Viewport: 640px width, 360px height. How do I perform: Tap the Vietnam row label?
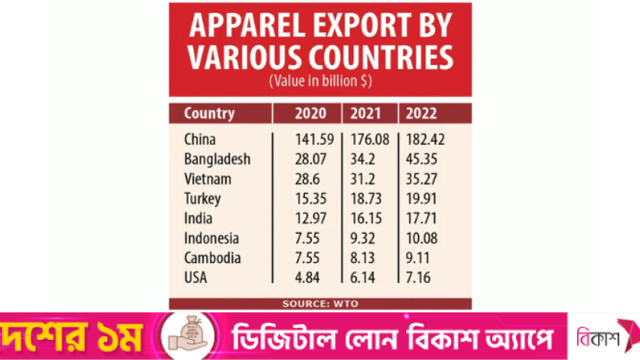[208, 179]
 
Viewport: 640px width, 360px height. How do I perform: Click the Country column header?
[209, 114]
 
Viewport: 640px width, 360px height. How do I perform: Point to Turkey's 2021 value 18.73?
[364, 199]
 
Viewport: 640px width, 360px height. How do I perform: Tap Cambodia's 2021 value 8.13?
[362, 258]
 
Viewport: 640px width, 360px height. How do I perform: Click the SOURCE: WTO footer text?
[320, 303]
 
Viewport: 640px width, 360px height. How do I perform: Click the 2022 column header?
[422, 114]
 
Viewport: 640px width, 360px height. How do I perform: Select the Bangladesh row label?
[217, 160]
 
